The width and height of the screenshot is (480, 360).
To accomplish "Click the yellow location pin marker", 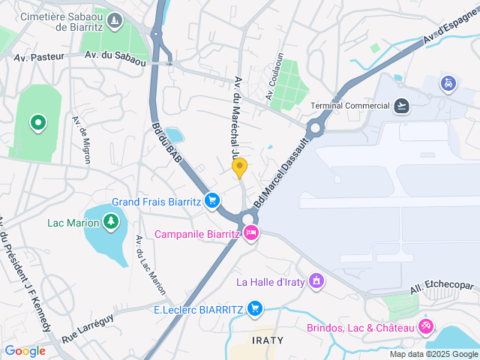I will pyautogui.click(x=239, y=167).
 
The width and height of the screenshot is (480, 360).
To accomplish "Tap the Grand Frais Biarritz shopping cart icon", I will pyautogui.click(x=212, y=200).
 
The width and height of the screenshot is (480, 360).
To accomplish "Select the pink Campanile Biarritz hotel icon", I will pyautogui.click(x=251, y=233).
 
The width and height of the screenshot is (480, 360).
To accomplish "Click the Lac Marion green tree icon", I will pyautogui.click(x=111, y=221).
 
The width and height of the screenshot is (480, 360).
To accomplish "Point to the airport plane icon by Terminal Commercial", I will pyautogui.click(x=402, y=105).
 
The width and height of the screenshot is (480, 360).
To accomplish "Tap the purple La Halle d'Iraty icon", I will pyautogui.click(x=317, y=281).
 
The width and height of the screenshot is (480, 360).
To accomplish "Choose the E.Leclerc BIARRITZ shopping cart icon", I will pyautogui.click(x=255, y=308).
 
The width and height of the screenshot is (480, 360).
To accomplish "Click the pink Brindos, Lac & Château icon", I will pyautogui.click(x=425, y=327).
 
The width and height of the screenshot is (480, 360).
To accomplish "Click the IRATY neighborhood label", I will pyautogui.click(x=268, y=340).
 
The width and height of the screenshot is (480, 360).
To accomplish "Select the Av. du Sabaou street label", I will pyautogui.click(x=115, y=55).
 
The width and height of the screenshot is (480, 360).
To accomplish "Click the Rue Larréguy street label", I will pyautogui.click(x=88, y=328).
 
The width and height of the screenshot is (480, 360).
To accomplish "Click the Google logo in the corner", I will pyautogui.click(x=25, y=350).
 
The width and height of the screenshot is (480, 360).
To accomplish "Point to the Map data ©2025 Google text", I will pyautogui.click(x=433, y=354).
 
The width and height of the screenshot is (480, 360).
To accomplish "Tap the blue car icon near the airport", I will pyautogui.click(x=448, y=82).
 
